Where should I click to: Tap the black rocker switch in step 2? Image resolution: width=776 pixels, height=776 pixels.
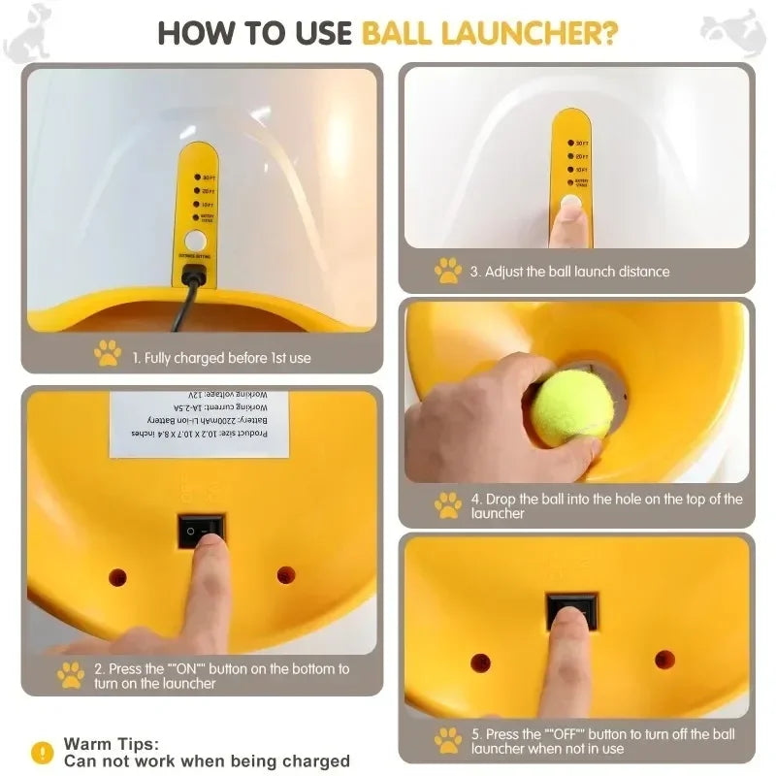[x=201, y=531]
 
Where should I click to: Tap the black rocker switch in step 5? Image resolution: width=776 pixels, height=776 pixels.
[x=571, y=609]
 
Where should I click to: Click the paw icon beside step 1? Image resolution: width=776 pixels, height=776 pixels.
[x=108, y=354]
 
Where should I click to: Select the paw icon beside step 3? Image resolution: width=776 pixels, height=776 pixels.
[x=447, y=271]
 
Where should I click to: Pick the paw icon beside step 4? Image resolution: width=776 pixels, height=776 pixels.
[x=447, y=504]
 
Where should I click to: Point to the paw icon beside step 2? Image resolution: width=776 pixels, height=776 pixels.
[x=70, y=675]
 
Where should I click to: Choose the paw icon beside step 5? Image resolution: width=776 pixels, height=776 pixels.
[x=447, y=740]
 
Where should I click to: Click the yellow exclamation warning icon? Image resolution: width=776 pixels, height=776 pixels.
[x=42, y=752]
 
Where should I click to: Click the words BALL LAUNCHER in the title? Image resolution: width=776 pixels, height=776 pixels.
[x=490, y=32]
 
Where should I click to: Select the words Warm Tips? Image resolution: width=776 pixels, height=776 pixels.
[x=111, y=744]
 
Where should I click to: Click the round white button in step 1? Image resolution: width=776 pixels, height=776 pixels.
[x=196, y=241]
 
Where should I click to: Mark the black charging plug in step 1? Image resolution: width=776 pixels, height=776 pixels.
[x=194, y=275]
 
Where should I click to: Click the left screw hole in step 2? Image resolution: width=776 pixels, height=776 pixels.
[x=117, y=577]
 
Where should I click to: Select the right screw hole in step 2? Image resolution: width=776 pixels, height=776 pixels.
[x=286, y=575]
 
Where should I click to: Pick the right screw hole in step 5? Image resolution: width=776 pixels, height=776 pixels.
[x=664, y=660]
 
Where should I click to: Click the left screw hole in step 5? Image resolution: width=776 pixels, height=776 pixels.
[x=480, y=663]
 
